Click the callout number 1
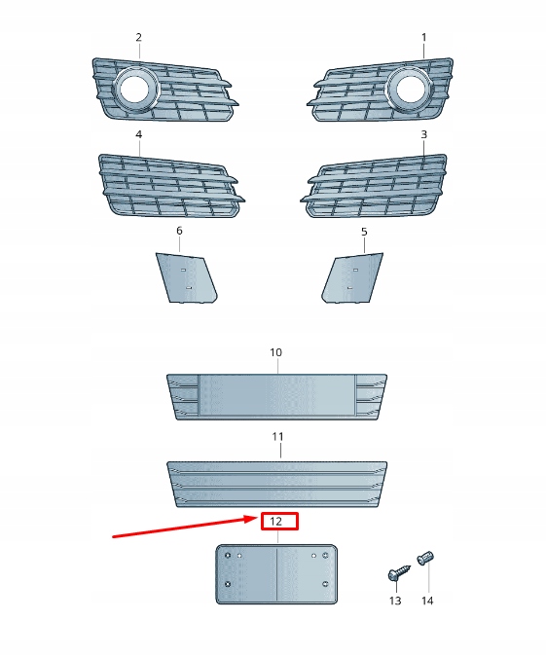423,37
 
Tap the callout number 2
138,37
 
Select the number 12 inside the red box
276,522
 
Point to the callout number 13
395,601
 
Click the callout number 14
427,601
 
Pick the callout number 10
275,351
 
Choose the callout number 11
277,438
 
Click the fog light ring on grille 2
134,90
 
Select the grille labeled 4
165,187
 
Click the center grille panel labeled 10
276,397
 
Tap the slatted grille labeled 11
276,484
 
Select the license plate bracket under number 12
275,574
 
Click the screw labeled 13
395,575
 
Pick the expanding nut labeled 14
425,559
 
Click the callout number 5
364,232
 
